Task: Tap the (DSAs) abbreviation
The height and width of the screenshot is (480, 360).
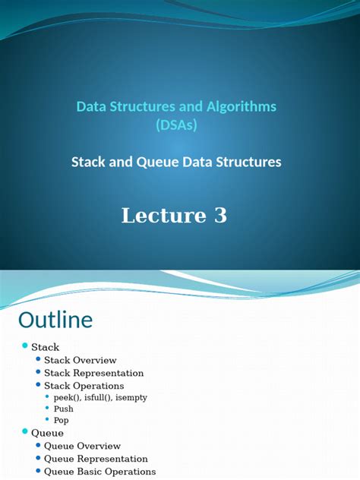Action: (x=175, y=125)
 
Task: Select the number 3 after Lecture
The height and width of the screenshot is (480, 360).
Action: (x=219, y=216)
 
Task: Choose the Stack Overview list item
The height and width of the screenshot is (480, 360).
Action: (x=80, y=360)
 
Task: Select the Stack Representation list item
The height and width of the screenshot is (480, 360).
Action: (x=93, y=373)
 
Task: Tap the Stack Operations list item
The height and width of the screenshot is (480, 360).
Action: (x=84, y=386)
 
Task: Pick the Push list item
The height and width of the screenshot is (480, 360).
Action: (x=63, y=409)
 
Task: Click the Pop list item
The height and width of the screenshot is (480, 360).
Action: (x=62, y=420)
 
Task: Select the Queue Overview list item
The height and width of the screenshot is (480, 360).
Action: (x=82, y=446)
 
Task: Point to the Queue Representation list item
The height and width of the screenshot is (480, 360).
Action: (x=96, y=459)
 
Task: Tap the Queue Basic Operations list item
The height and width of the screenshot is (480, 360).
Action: (x=99, y=472)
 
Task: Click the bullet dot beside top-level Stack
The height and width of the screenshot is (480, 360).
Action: (x=24, y=346)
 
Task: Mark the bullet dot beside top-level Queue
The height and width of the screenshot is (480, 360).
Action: (x=24, y=432)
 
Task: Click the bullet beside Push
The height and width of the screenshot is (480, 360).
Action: (x=47, y=409)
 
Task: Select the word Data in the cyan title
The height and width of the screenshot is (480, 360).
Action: (x=90, y=107)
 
